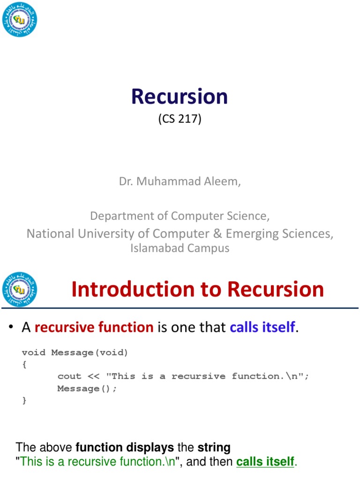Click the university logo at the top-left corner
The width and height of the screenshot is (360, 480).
click(x=19, y=19)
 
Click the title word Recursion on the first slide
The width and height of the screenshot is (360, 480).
click(x=180, y=97)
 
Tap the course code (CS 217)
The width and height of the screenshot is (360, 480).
click(x=180, y=119)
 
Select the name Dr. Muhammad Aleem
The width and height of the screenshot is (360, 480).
click(x=180, y=181)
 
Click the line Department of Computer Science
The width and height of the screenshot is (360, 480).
click(x=180, y=216)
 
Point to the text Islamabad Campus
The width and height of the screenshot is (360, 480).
click(x=180, y=248)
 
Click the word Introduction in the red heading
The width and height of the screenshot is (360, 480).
click(x=132, y=290)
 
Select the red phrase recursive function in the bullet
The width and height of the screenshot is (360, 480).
click(x=94, y=327)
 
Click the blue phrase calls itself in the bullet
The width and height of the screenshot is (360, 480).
click(x=262, y=327)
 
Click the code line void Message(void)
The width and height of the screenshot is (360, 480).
click(x=75, y=352)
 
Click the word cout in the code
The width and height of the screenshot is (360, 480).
click(x=69, y=376)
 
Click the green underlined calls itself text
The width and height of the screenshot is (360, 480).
click(x=265, y=462)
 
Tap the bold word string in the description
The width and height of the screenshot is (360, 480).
click(x=214, y=447)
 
